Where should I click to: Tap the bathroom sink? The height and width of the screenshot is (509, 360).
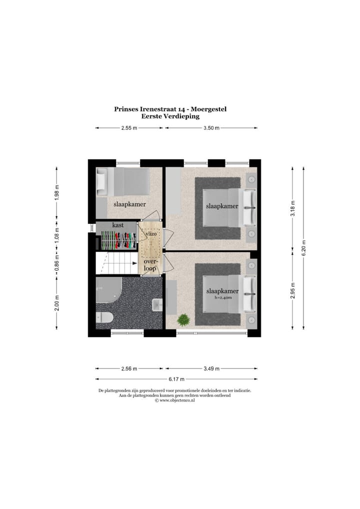click(x=157, y=303)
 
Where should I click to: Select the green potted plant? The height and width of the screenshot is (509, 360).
click(x=183, y=320)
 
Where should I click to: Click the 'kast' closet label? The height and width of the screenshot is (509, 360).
click(x=118, y=225)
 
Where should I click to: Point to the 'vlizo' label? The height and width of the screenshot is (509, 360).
click(x=151, y=233)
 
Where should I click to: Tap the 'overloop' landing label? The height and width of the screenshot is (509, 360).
click(x=150, y=264)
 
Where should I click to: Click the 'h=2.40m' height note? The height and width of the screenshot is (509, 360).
click(x=222, y=298)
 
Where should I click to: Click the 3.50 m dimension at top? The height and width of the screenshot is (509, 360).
click(x=212, y=128)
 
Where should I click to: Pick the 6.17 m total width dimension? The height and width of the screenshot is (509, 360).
click(x=176, y=378)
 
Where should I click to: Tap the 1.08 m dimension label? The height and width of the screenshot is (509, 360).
click(x=56, y=234)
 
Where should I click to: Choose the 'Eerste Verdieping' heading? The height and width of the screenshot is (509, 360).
click(x=170, y=116)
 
